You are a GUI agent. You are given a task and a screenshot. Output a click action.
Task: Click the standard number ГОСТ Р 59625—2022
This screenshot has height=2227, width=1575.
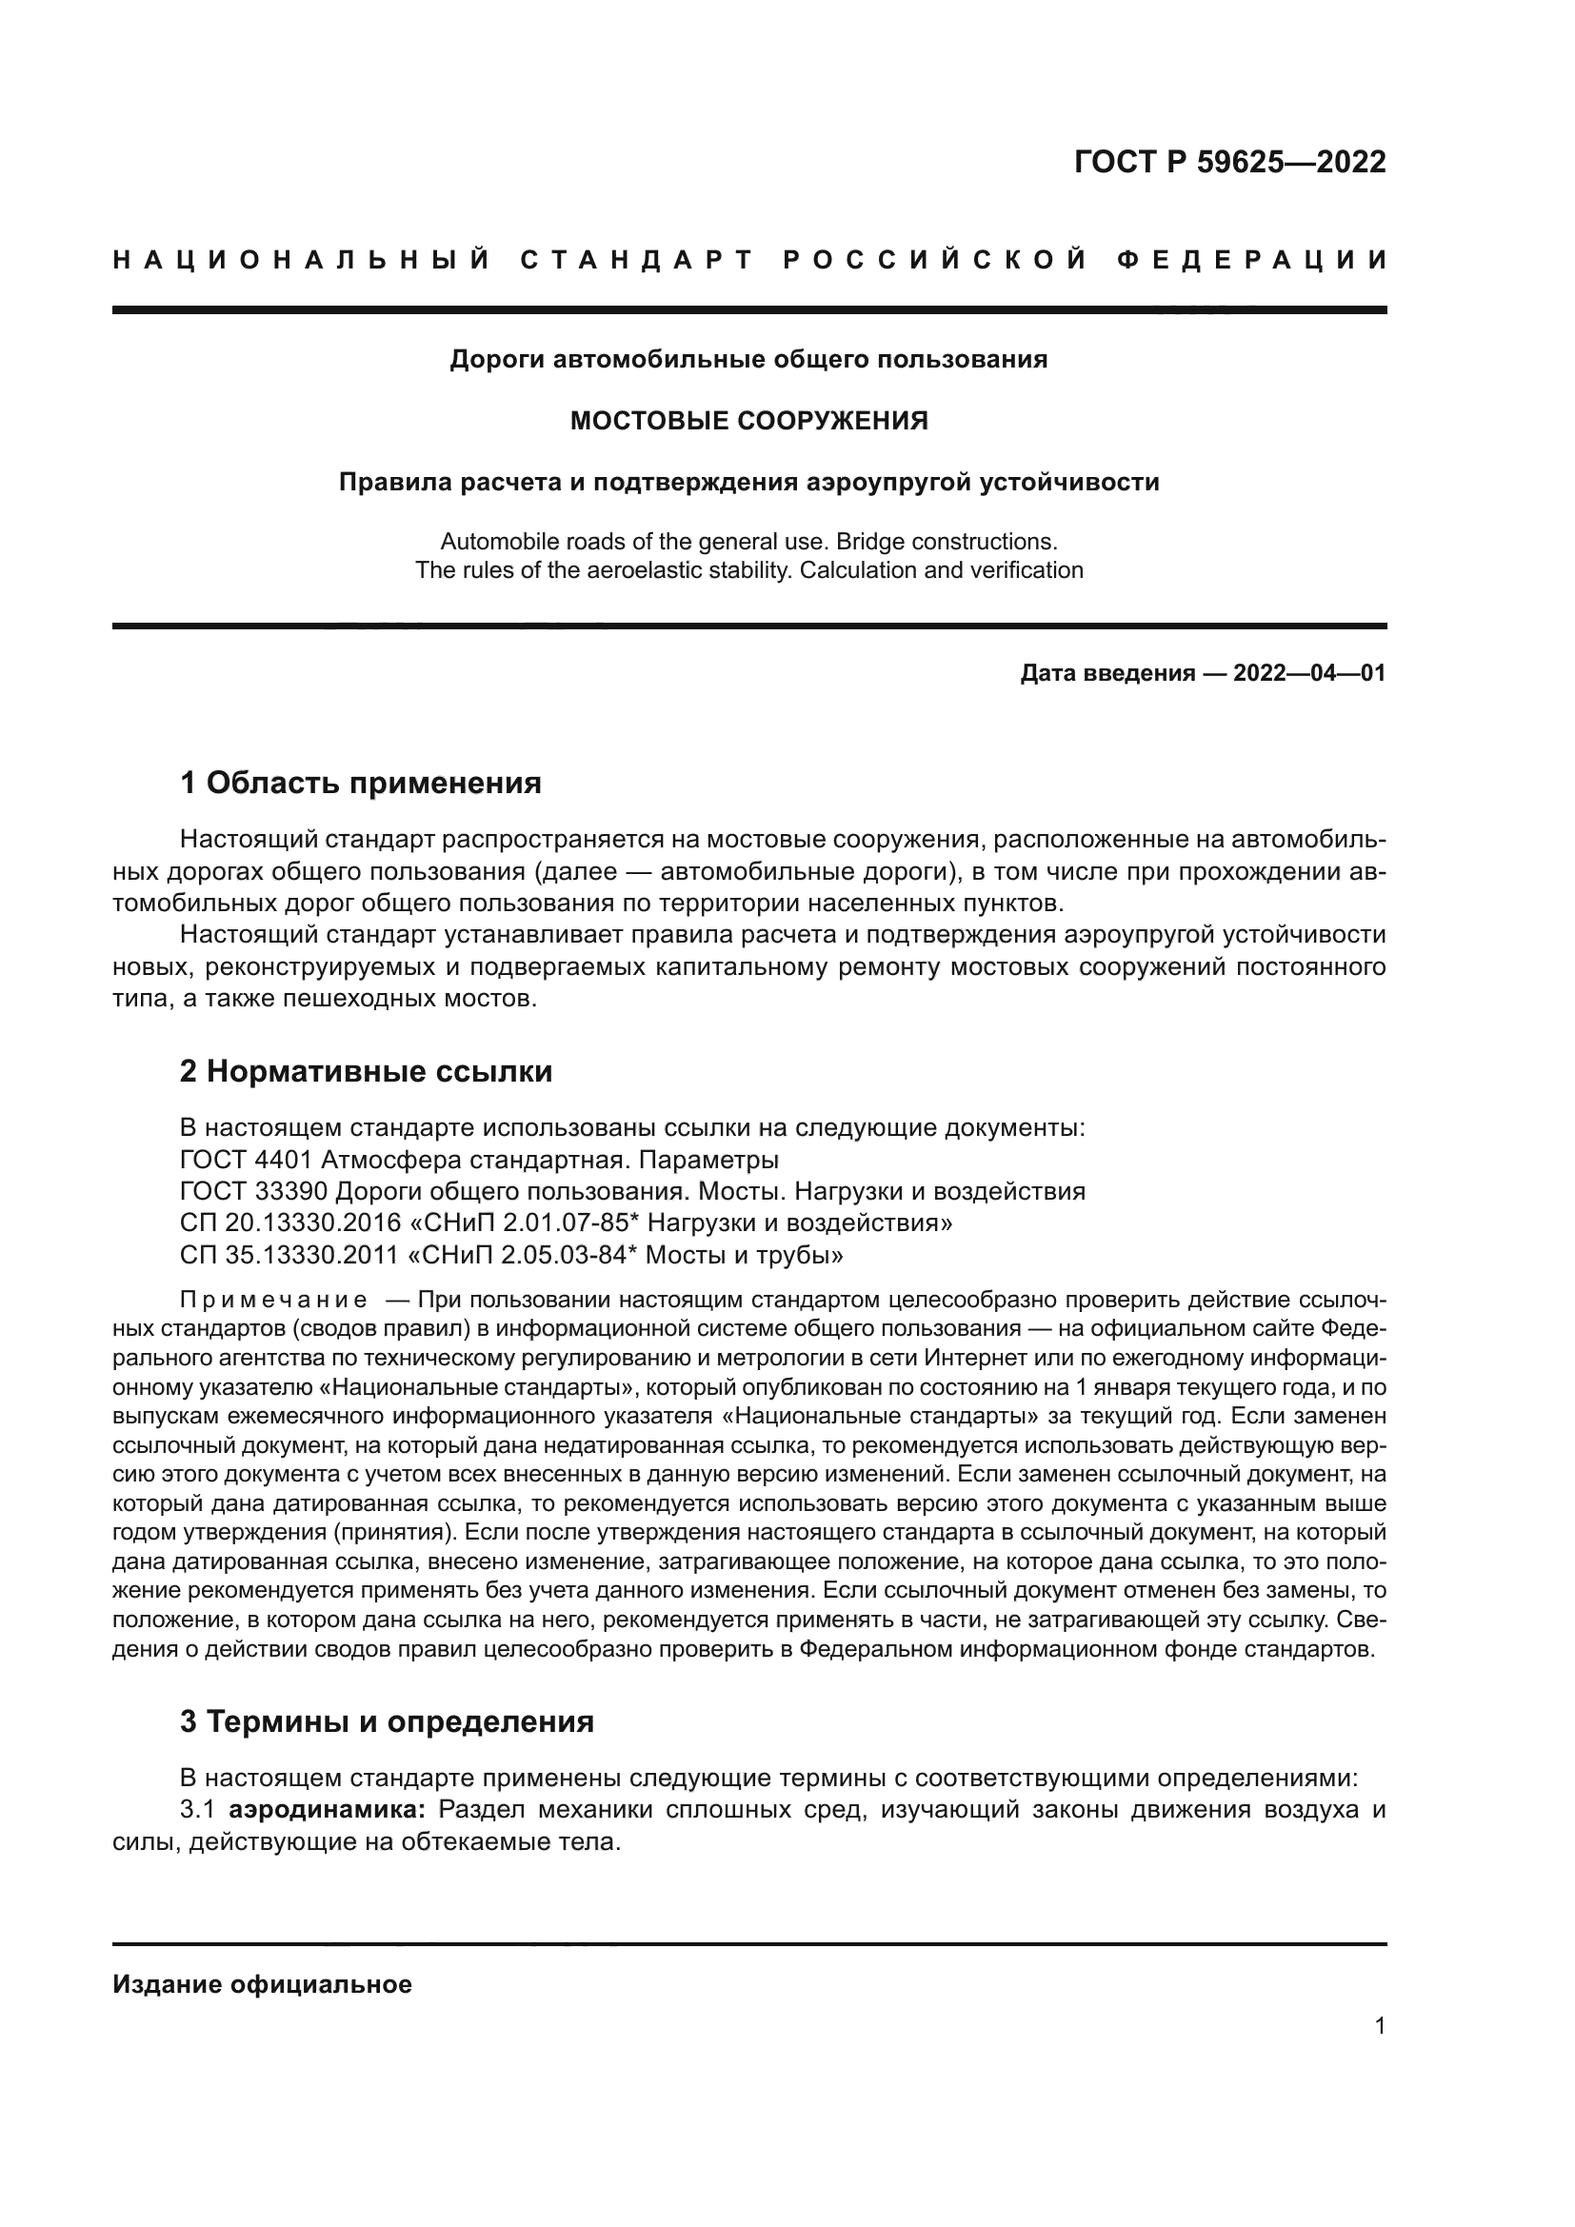(1229, 162)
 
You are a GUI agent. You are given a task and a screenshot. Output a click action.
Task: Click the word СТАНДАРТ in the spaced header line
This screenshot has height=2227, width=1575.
(637, 260)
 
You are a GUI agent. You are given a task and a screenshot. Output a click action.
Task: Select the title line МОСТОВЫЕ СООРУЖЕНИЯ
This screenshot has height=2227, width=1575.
(748, 421)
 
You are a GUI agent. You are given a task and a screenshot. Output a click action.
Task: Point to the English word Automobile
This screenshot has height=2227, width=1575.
(496, 541)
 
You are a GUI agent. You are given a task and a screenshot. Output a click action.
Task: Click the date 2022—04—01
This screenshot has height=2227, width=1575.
(1309, 673)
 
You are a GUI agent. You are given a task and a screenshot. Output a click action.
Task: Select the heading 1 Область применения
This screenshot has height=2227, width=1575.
(361, 783)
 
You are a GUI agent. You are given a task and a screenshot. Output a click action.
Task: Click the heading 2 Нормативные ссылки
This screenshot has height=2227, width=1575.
(367, 1072)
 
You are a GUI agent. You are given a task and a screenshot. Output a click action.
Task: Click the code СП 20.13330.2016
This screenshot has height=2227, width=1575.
(290, 1223)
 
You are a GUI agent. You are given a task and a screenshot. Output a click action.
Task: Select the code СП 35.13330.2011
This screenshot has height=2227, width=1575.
(290, 1255)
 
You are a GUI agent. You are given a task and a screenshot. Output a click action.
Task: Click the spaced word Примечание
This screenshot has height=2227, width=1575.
(274, 1300)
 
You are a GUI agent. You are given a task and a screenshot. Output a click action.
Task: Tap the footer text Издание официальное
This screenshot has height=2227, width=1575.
(262, 1984)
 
